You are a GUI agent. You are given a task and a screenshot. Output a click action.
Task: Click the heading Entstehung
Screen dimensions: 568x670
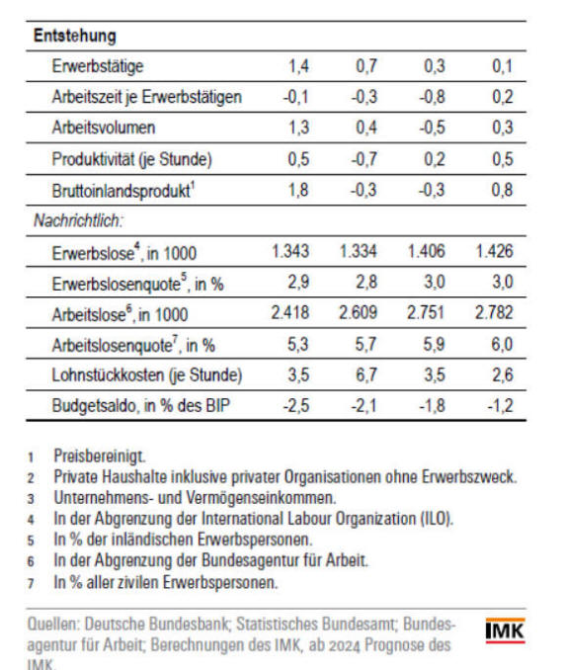point(75,36)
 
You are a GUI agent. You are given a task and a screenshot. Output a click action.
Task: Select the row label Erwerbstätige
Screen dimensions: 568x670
point(98,66)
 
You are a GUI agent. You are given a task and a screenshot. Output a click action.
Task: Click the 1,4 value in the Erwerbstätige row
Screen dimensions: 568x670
point(298,66)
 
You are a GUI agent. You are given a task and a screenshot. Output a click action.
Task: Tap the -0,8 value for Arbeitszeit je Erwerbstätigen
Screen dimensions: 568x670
point(432,97)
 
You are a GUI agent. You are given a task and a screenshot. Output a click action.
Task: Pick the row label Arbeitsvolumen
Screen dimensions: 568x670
point(104,127)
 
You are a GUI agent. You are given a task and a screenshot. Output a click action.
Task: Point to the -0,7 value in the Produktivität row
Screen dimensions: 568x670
point(364,159)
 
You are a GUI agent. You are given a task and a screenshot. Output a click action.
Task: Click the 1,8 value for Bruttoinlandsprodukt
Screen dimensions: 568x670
point(298,190)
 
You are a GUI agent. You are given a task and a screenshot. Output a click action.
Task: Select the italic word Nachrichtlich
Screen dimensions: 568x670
point(78,220)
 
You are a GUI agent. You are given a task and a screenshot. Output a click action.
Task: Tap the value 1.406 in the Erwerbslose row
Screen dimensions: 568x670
point(426,251)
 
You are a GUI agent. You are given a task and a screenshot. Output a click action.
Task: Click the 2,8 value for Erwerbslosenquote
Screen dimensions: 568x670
point(366,282)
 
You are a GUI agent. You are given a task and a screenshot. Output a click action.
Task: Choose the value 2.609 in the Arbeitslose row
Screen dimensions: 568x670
point(358,312)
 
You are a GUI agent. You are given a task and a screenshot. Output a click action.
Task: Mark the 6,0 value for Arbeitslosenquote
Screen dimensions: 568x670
point(502,344)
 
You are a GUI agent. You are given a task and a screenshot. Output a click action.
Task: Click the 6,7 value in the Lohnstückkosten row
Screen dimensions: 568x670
point(366,375)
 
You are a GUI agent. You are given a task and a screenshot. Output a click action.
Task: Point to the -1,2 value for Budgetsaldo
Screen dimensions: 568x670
point(500,405)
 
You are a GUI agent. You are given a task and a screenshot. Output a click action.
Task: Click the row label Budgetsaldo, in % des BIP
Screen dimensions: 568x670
point(141,405)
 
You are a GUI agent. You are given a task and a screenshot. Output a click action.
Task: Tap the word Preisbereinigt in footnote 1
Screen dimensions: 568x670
point(100,457)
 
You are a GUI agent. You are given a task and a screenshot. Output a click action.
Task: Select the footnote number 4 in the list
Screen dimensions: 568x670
point(31,520)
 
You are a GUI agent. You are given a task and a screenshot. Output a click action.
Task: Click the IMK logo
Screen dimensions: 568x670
point(505,630)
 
